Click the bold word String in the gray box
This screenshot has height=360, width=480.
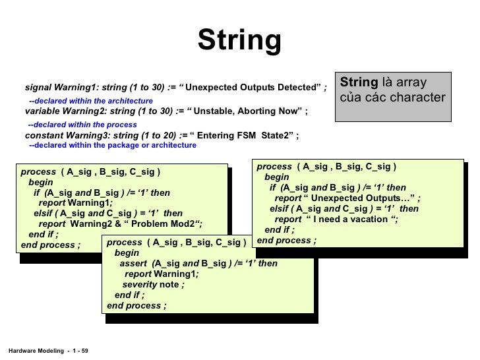coord(359,83)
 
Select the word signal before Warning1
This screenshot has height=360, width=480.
coord(39,87)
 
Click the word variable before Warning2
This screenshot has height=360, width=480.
coord(43,111)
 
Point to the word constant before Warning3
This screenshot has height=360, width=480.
coord(44,136)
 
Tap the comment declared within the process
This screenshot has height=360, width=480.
coord(85,125)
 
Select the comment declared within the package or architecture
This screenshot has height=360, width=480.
coord(115,145)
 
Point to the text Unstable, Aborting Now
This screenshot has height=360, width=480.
coord(245,111)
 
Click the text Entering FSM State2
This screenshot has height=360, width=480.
coord(245,136)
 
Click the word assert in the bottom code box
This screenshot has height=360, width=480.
coord(134,263)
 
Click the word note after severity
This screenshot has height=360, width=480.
coord(169,284)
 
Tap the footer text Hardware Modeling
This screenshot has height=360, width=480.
coord(32,349)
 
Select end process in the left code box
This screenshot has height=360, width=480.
coord(50,244)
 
